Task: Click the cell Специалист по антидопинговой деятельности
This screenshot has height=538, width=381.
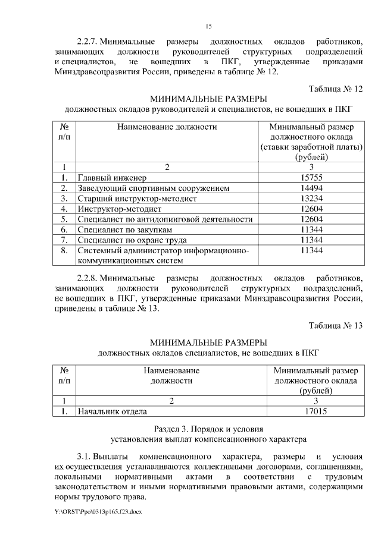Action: click(165, 219)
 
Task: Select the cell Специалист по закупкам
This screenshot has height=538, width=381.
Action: click(126, 230)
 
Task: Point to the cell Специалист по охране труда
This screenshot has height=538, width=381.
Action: click(132, 241)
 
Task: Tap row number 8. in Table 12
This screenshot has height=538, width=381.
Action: click(64, 251)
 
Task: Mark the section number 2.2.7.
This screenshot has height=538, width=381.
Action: click(88, 42)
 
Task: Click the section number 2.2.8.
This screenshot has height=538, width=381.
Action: click(88, 278)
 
